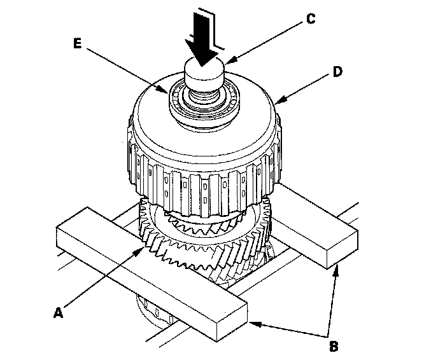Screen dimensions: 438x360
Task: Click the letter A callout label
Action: click(x=58, y=313)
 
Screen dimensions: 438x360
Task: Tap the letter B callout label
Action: click(x=334, y=347)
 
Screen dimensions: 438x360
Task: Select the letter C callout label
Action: click(x=311, y=18)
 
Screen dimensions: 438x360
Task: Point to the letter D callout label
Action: click(x=337, y=72)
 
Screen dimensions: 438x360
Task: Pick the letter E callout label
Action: click(x=78, y=43)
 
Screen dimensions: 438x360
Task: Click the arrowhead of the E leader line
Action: click(x=164, y=90)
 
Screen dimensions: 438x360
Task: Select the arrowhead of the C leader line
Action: click(x=231, y=59)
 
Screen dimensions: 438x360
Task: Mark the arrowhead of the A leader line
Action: click(x=139, y=252)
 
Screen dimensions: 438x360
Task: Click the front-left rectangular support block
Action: click(x=152, y=273)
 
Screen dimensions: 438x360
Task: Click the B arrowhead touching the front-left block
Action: click(x=255, y=324)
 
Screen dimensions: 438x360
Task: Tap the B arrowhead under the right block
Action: click(x=337, y=271)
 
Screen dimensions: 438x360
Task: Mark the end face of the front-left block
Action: click(x=232, y=321)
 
